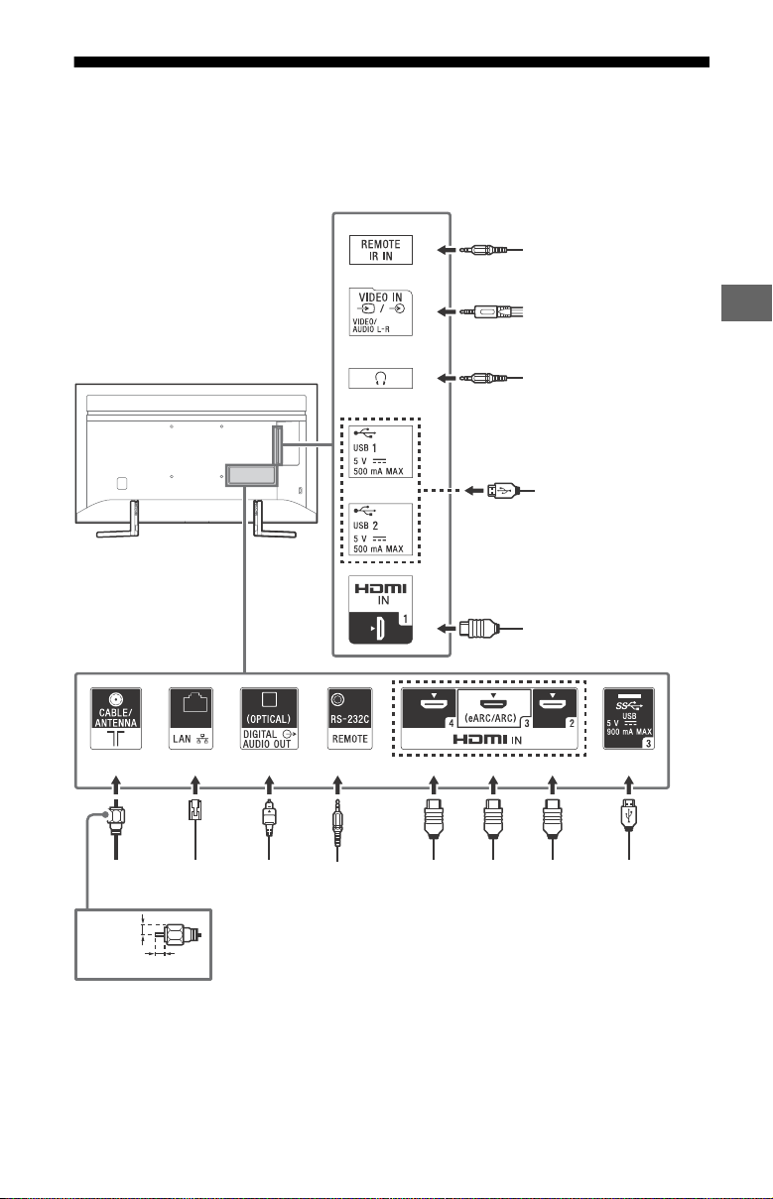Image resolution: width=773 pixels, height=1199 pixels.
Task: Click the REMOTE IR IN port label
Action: coord(380,250)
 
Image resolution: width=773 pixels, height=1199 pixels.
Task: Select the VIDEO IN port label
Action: coord(380,312)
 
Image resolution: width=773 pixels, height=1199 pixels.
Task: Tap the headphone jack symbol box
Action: coord(380,378)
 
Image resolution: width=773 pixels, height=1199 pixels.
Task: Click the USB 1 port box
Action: coord(380,451)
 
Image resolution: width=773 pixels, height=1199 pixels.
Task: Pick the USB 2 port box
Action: coord(380,529)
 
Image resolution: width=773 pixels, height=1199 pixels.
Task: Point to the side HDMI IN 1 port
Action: coord(380,610)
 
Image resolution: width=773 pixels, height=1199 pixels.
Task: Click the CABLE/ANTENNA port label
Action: coord(116,718)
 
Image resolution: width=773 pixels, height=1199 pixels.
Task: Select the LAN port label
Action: coord(191,718)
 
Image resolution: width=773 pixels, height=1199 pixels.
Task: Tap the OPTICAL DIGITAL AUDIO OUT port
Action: coord(269,718)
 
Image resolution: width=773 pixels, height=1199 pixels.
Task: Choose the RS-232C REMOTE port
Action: coord(350,718)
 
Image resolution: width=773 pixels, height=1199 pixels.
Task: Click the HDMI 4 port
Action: coord(429,708)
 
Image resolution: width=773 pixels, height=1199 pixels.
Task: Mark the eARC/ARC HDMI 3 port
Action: coord(493,708)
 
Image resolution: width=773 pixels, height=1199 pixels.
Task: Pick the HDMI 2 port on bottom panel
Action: coord(555,708)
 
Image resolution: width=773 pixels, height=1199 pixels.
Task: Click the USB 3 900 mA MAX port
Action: coord(629,718)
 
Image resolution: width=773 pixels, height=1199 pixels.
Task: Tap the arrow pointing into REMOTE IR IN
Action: coord(447,250)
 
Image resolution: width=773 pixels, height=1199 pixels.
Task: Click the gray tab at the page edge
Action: coord(746,302)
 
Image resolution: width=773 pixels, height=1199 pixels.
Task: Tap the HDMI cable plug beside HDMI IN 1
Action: coord(479,628)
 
